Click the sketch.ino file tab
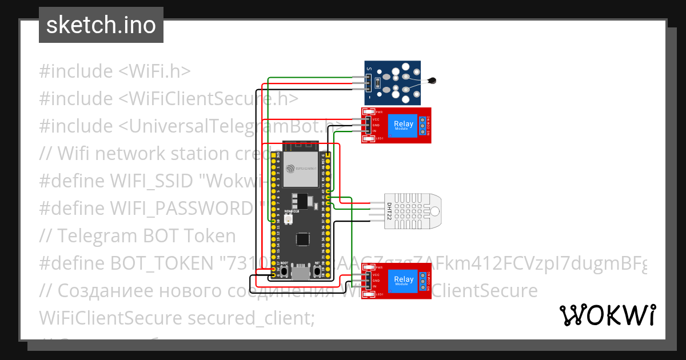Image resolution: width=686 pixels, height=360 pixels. click(x=101, y=25)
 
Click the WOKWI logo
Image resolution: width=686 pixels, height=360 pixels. click(x=607, y=315)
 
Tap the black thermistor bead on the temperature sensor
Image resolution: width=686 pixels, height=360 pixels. click(x=436, y=81)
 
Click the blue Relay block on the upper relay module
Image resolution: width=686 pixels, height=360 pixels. click(x=404, y=125)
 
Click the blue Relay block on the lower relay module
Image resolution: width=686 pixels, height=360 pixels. click(x=404, y=281)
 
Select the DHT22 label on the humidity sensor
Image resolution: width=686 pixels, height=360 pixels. click(x=389, y=211)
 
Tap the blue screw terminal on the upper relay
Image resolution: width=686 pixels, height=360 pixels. click(x=424, y=125)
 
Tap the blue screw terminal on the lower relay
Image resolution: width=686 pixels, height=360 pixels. click(x=424, y=281)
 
